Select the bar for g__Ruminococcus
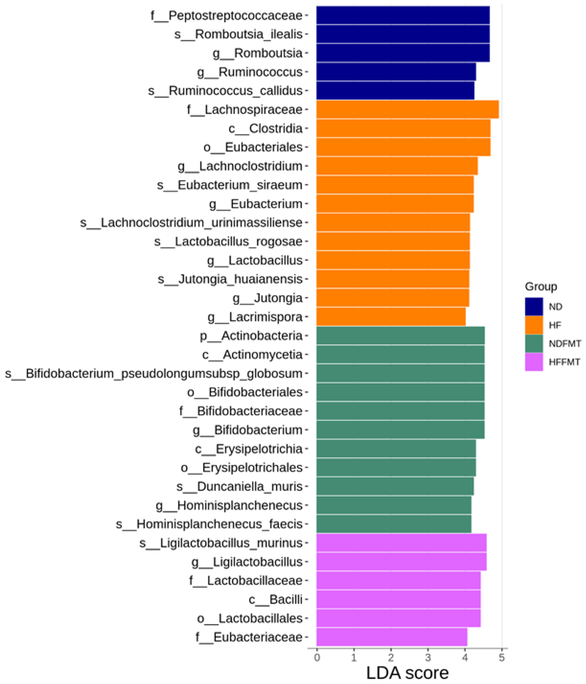(396, 72)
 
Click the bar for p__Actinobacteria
(400, 335)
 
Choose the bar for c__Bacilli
(398, 599)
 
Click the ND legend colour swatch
(534, 306)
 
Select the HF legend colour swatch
(534, 325)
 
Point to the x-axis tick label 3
(428, 658)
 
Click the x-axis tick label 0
(317, 658)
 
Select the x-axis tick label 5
(502, 658)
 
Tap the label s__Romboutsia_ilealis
(238, 34)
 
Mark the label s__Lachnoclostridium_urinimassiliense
(191, 222)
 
